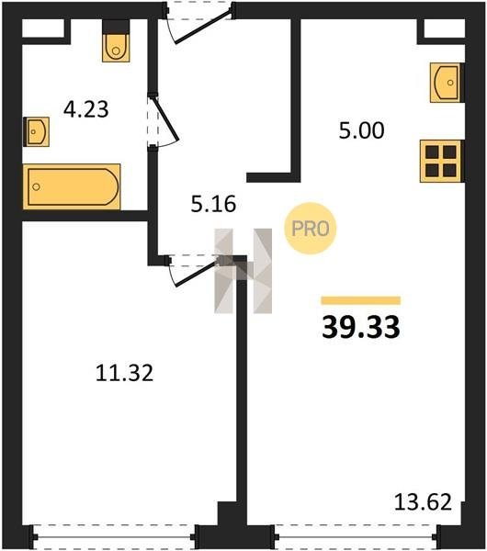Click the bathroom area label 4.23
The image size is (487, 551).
86,109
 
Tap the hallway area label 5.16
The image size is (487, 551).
213,204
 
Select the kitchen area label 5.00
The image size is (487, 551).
361,130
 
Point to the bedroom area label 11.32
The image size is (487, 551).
124,373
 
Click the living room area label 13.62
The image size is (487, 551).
423,501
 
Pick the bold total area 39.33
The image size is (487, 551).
361,327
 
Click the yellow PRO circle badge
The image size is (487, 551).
311,229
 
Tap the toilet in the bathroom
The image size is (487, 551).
116,41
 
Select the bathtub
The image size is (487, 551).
72,186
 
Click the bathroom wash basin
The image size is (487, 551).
36,131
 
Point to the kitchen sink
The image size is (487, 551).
447,83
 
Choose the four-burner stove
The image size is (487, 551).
442,162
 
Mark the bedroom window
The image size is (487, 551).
114,537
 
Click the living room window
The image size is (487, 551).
356,537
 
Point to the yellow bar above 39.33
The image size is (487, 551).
361,300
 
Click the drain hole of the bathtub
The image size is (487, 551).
36,186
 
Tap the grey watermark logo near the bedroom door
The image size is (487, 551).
243,271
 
